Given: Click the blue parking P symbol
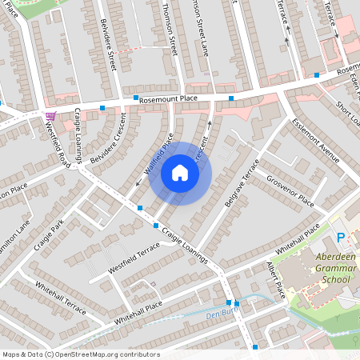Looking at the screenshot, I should (341, 238).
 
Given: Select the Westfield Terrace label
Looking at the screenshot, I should (134, 261).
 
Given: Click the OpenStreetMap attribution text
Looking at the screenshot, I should (81, 354).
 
